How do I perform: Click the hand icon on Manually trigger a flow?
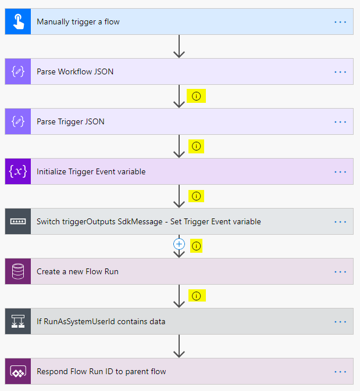click(18, 22)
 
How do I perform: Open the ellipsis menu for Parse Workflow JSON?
click(340, 72)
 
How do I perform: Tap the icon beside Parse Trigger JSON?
click(18, 122)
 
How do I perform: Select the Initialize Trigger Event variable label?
click(91, 172)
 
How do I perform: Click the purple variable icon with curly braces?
click(18, 172)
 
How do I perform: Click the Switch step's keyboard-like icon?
click(18, 222)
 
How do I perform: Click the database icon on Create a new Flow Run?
click(18, 271)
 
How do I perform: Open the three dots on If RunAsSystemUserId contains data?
click(340, 321)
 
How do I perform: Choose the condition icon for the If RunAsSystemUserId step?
click(18, 321)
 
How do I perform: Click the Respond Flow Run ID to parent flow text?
click(101, 371)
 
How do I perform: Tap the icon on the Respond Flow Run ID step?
click(18, 371)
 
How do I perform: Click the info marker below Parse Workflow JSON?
click(196, 96)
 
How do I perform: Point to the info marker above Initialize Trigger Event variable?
click(196, 146)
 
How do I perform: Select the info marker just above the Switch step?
click(196, 196)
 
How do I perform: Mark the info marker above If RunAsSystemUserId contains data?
click(196, 296)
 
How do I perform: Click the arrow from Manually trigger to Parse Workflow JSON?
click(179, 46)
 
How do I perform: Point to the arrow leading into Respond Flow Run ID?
click(179, 346)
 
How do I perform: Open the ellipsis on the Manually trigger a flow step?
click(340, 22)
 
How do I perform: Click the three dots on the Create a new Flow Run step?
click(340, 271)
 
